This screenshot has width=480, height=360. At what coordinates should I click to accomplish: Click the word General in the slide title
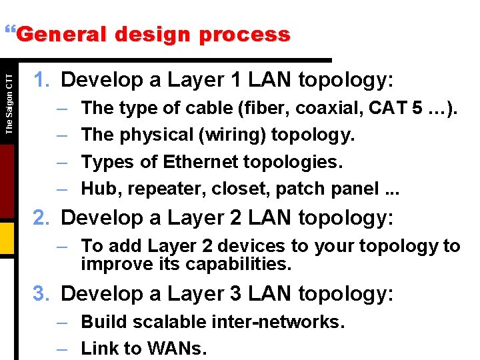[x=58, y=34]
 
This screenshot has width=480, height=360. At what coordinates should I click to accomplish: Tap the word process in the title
[x=249, y=34]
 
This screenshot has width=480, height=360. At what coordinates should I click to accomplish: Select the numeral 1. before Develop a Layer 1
[x=42, y=81]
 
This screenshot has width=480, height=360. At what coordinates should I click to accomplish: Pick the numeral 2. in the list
[x=42, y=218]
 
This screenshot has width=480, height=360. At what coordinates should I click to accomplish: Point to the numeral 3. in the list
[x=42, y=293]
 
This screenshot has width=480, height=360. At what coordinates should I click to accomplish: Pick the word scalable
[x=165, y=322]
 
